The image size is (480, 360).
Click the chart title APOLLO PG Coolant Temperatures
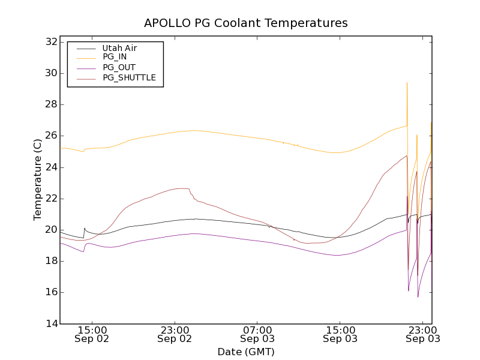point(245,23)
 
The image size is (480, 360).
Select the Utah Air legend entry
point(119,48)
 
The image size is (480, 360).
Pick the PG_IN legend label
point(115,57)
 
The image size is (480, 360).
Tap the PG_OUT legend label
point(119,67)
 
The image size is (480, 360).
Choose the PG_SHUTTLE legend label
point(129,77)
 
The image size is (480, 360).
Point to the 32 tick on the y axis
point(51,42)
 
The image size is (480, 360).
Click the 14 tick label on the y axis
point(51,323)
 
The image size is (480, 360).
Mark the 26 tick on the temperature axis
point(51,136)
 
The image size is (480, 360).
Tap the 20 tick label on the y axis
point(51,230)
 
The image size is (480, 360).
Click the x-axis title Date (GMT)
point(245,352)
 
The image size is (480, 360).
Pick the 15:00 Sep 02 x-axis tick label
point(92,334)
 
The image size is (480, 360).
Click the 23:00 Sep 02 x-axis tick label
point(175,334)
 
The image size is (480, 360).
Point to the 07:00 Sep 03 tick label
point(257,334)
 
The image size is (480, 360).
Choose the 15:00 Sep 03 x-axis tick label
point(340,334)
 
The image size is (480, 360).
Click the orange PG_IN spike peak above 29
point(407,83)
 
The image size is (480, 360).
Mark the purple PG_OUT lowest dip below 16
point(418,296)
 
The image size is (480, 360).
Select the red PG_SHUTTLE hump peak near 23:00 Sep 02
point(183,188)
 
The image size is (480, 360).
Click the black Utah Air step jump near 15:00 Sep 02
point(85,229)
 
